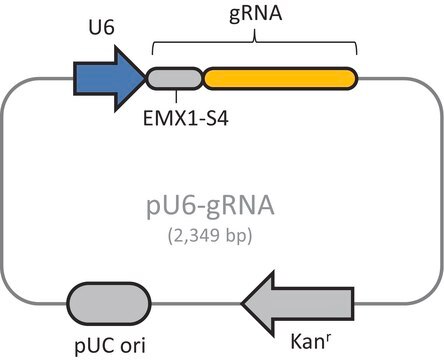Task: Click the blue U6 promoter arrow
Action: point(108,79)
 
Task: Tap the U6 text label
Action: point(101,28)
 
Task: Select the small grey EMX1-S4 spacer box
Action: point(174,79)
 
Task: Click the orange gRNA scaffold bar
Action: point(280,79)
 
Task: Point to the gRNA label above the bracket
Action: point(255,15)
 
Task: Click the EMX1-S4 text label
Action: point(186,118)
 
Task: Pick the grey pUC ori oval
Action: point(109,303)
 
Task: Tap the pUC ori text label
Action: point(110,346)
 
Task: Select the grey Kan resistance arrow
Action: point(298,304)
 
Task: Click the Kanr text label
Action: point(311,341)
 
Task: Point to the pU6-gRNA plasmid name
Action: point(210,206)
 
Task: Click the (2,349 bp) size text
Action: point(210,236)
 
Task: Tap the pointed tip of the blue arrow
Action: point(146,79)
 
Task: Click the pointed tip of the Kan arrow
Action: point(242,304)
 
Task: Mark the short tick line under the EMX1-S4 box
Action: point(176,96)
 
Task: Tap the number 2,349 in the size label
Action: point(197,236)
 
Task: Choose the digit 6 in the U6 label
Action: point(109,28)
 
